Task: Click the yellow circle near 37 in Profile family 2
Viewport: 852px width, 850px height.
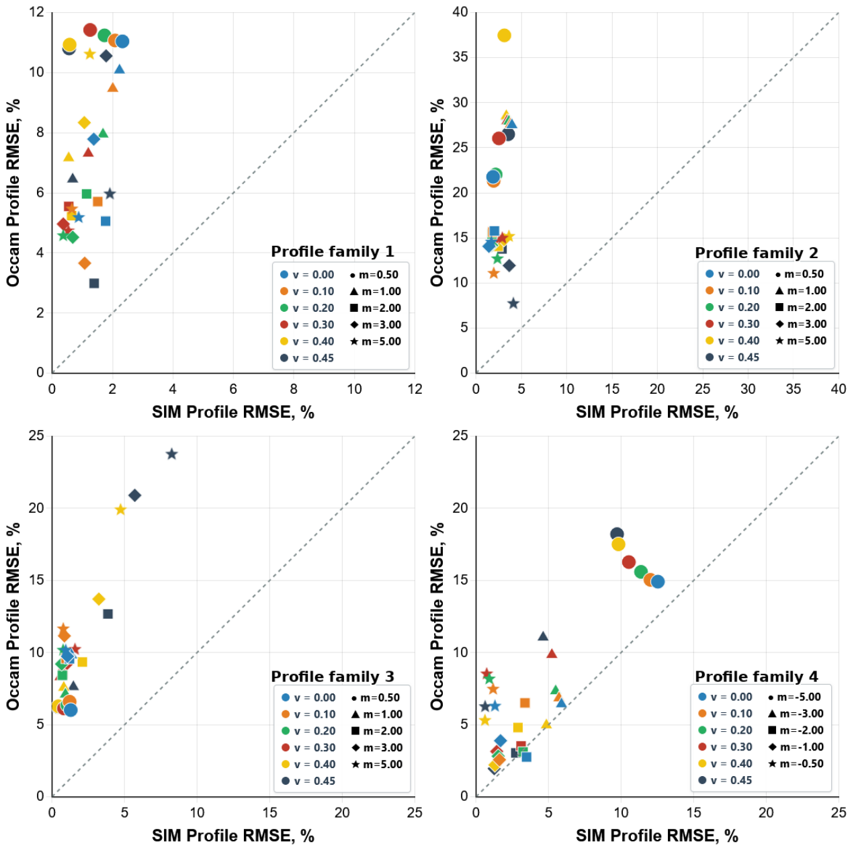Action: (503, 36)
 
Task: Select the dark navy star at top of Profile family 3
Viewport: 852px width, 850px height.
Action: (171, 454)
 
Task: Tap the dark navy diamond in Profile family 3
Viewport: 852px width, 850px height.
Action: (135, 495)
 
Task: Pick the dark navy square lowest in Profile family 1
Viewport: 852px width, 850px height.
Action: (93, 283)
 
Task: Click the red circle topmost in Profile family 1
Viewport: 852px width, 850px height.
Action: (90, 30)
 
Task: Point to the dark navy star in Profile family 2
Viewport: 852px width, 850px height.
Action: (513, 304)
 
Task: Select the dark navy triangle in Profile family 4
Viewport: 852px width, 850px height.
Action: (543, 636)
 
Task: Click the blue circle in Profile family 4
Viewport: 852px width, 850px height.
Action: (657, 581)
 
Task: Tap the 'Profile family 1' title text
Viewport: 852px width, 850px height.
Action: (332, 251)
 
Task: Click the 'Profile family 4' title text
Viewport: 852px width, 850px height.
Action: (756, 676)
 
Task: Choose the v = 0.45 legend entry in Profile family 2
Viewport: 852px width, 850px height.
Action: (732, 357)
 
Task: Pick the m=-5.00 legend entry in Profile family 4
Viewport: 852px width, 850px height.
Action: (795, 697)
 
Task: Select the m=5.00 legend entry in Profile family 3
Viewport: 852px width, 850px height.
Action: (377, 764)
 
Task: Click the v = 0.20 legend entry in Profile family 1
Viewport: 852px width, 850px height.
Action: (307, 308)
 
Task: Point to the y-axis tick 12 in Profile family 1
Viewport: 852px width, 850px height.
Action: (37, 12)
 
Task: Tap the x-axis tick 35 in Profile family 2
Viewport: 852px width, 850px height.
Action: (793, 389)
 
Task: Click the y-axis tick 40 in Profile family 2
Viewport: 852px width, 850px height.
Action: (460, 12)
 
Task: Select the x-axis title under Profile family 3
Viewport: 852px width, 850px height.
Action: (233, 835)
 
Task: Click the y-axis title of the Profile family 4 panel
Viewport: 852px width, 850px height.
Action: (436, 616)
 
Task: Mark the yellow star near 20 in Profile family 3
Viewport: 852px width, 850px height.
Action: (120, 509)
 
